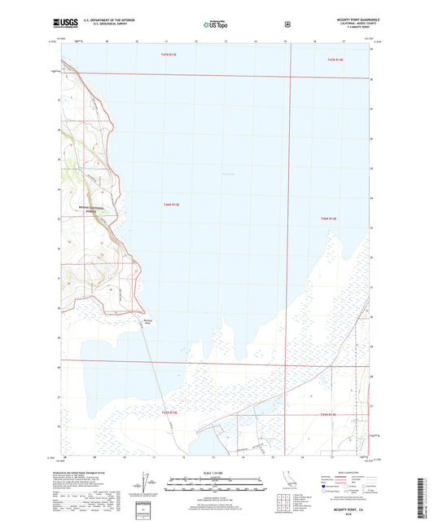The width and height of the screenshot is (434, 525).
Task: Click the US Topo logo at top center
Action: pyautogui.click(x=215, y=25)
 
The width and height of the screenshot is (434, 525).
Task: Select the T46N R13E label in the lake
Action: pyautogui.click(x=170, y=205)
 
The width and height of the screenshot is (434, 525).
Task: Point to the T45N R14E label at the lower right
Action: pyautogui.click(x=329, y=415)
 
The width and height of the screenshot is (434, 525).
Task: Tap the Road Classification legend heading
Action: pyautogui.click(x=349, y=470)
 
